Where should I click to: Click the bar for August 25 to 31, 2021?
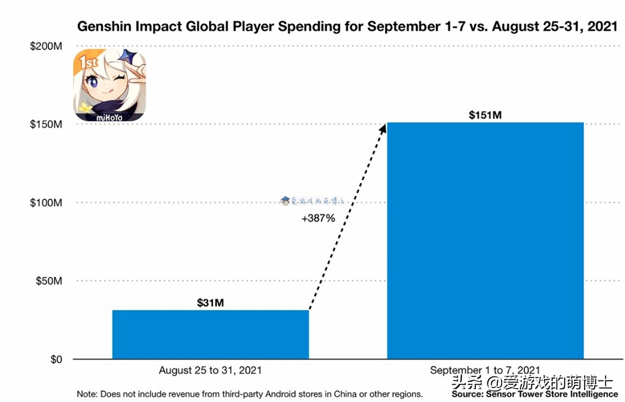coord(210,334)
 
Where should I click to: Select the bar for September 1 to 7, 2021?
coord(485,240)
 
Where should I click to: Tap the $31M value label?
coord(210,303)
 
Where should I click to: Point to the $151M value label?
coord(485,115)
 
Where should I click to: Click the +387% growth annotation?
coord(318,218)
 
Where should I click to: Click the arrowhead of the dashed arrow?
coord(383,127)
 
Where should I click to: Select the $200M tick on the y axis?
coord(46,46)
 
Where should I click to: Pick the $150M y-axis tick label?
coord(46,125)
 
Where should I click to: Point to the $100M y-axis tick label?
coord(46,203)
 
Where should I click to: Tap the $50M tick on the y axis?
coord(49,281)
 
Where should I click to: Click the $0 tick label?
coord(56,360)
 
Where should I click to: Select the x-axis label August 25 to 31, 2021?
coord(210,370)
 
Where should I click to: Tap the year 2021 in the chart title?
coord(602,27)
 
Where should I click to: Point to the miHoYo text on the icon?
coord(110,118)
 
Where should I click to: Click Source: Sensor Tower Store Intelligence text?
coord(535,395)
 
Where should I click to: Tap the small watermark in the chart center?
coord(312,201)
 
